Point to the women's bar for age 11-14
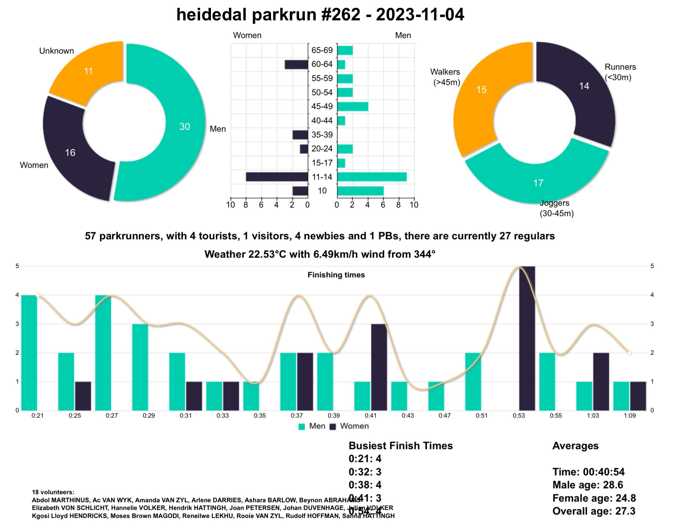[x=277, y=177]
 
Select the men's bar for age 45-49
[x=352, y=106]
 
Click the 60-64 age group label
[x=322, y=64]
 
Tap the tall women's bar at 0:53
[x=527, y=338]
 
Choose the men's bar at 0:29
[x=140, y=367]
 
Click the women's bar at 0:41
[x=379, y=367]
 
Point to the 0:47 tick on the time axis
[x=444, y=415]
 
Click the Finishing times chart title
[x=336, y=275]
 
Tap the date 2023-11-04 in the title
[x=419, y=14]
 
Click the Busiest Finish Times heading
[x=401, y=445]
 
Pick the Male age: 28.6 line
[x=587, y=485]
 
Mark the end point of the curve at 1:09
[x=629, y=353]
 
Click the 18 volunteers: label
[x=53, y=492]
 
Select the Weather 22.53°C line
[x=319, y=254]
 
